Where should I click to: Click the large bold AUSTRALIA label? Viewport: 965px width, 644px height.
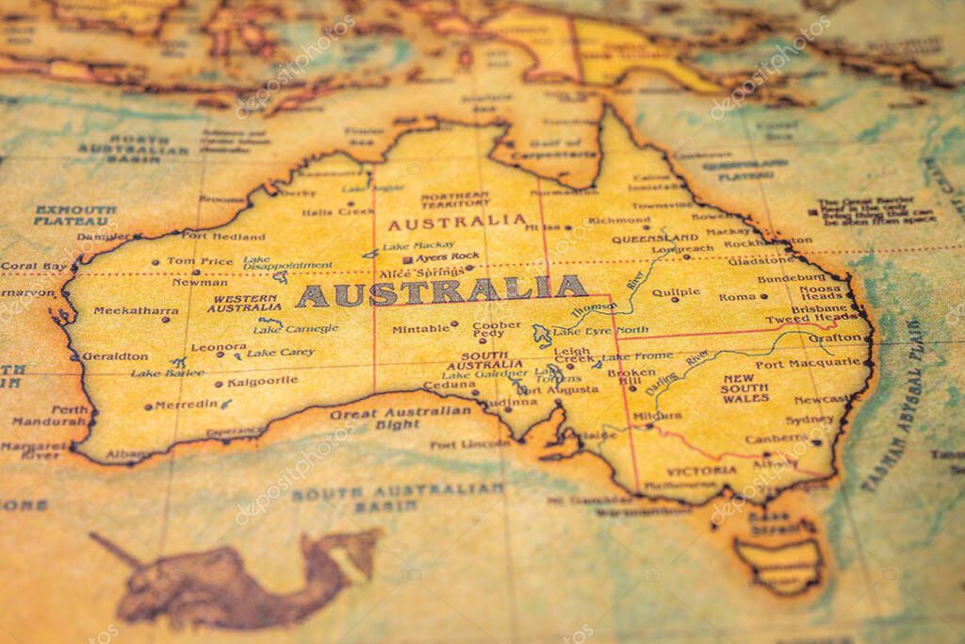coord(441,291)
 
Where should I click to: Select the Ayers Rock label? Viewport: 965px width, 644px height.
coord(447,256)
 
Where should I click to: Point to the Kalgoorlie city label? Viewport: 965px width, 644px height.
coord(262,381)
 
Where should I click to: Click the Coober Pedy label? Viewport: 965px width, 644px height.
coord(497,329)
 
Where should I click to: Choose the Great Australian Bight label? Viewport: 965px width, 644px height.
coord(401,418)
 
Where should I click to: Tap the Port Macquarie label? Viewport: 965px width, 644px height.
coord(808,363)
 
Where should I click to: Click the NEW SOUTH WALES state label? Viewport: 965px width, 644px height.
coord(745,388)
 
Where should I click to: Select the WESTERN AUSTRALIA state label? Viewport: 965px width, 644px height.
coord(244,303)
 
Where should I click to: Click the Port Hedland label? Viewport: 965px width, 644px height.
coord(223,236)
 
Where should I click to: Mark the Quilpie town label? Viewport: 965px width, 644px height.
coord(677,293)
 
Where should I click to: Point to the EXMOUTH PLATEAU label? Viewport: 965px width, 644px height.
coord(75,215)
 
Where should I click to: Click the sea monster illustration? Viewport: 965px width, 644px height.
coord(236,575)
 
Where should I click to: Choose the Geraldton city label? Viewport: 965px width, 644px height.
coord(115,356)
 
